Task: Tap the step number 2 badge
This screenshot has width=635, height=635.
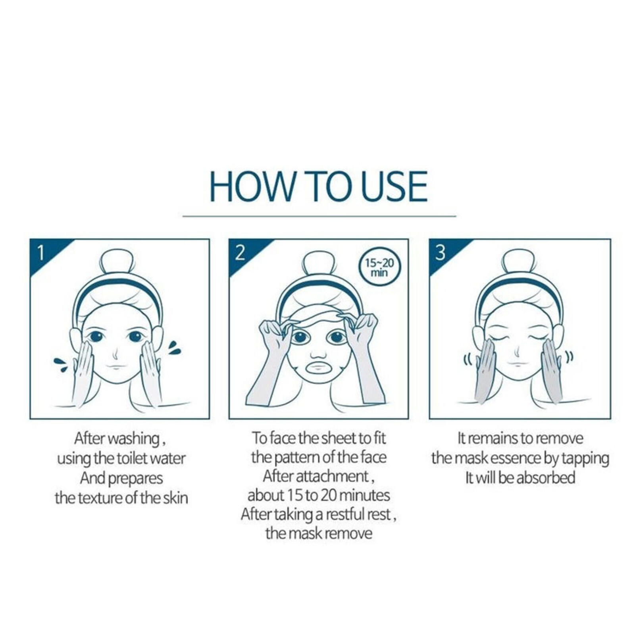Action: (x=240, y=252)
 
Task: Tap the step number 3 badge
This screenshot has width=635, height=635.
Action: (x=440, y=252)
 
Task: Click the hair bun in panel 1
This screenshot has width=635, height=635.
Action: (x=117, y=260)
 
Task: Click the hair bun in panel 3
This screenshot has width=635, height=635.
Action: (x=519, y=260)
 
